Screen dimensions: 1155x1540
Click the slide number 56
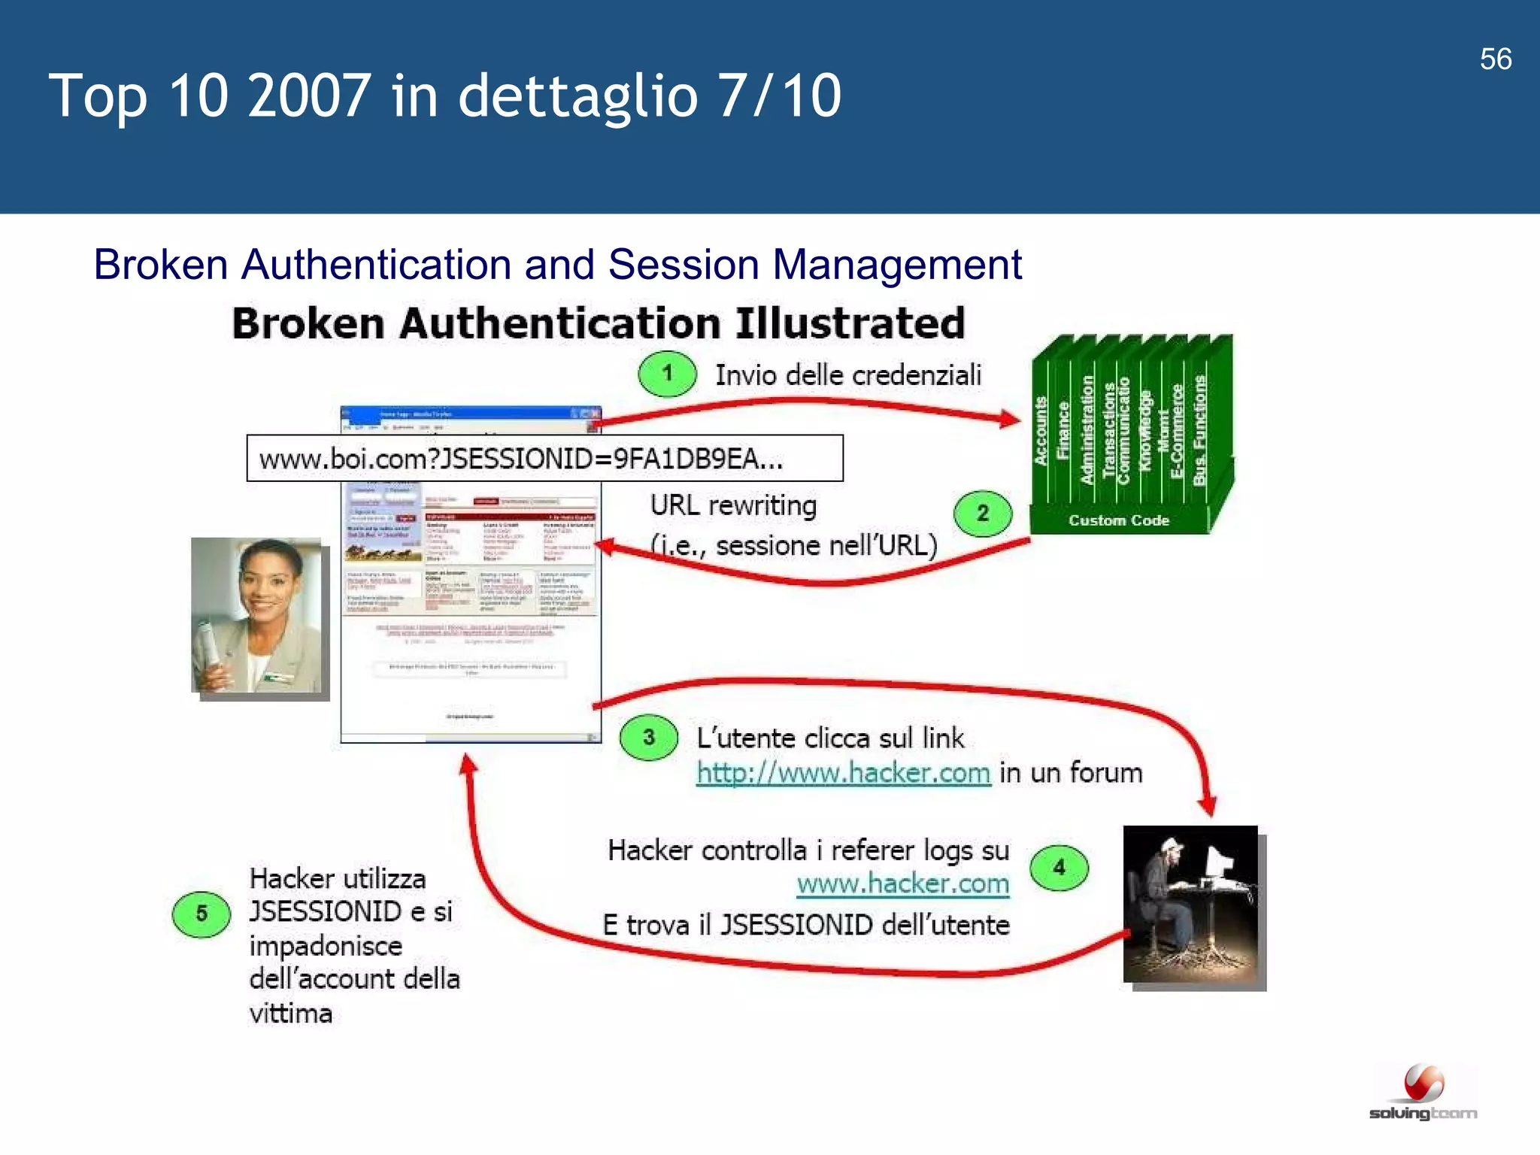pyautogui.click(x=1495, y=59)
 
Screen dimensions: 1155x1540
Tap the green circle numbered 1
pyautogui.click(x=667, y=374)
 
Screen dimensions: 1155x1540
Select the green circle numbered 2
pyautogui.click(x=982, y=514)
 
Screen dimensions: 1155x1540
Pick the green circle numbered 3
pyautogui.click(x=648, y=738)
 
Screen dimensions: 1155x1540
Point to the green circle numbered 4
pyautogui.click(x=1059, y=869)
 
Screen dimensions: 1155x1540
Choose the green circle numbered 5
pyautogui.click(x=201, y=914)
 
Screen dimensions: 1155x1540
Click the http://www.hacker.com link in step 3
pyautogui.click(x=843, y=773)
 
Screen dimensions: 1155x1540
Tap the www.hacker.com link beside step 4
pyautogui.click(x=902, y=884)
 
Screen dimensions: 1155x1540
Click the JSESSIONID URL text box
pyautogui.click(x=544, y=458)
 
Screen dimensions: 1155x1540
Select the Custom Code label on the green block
pyautogui.click(x=1118, y=520)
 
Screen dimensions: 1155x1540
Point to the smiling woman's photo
pyautogui.click(x=257, y=616)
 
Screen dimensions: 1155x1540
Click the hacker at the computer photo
pyautogui.click(x=1191, y=905)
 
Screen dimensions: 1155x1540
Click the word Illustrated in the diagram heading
pyautogui.click(x=850, y=323)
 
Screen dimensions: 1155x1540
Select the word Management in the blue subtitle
pyautogui.click(x=896, y=265)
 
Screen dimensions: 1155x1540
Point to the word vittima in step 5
pyautogui.click(x=290, y=1014)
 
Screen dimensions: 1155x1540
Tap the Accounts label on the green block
pyautogui.click(x=1041, y=431)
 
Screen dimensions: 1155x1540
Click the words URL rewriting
pyautogui.click(x=733, y=505)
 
